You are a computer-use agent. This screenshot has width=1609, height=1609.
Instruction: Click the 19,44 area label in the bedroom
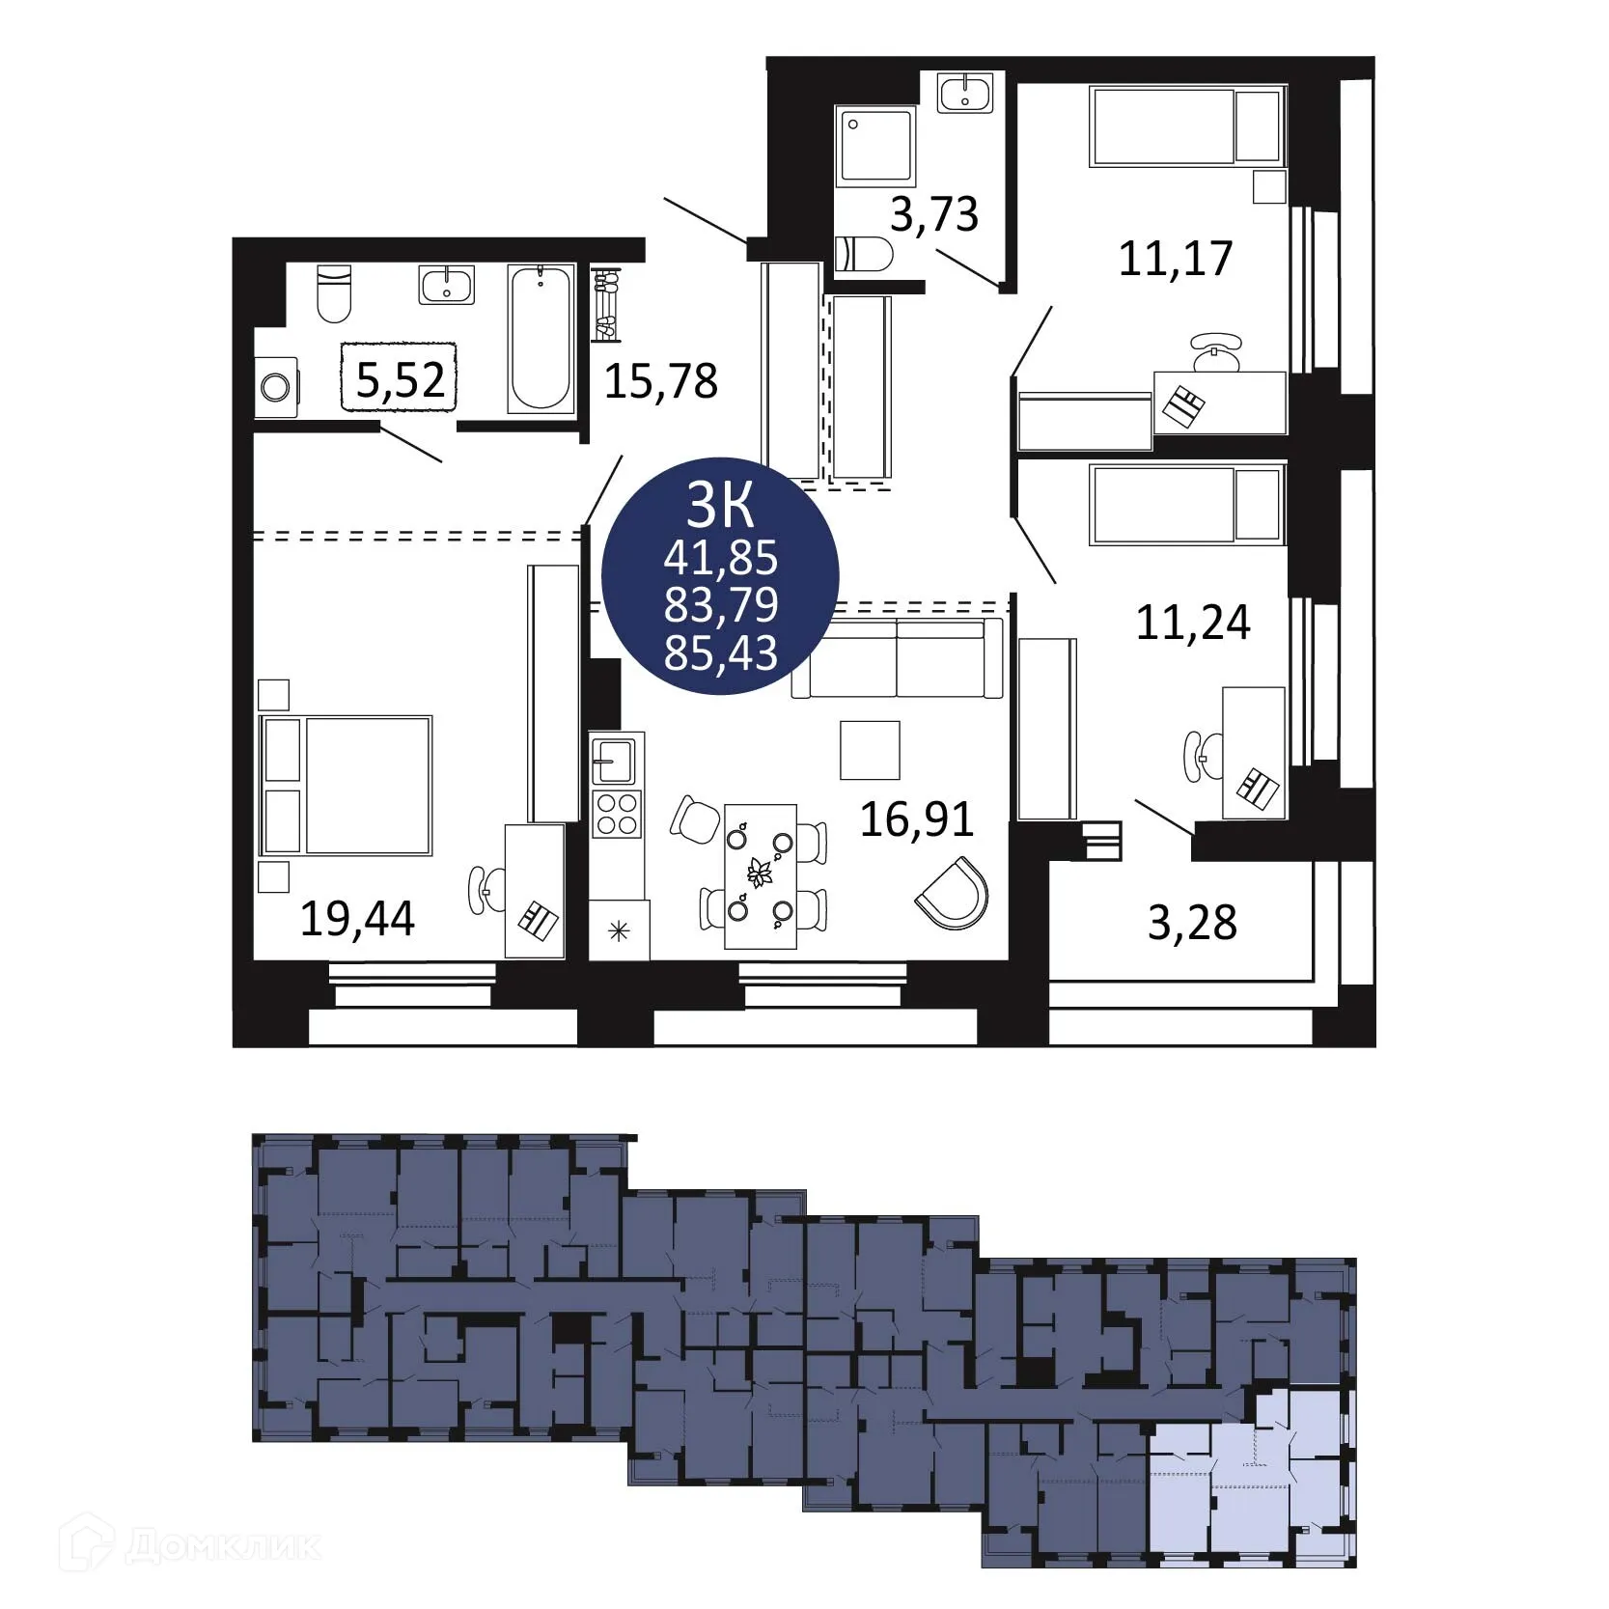357,918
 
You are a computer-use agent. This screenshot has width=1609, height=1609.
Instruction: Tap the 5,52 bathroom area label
400,379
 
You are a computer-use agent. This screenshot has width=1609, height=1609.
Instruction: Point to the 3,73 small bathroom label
933,213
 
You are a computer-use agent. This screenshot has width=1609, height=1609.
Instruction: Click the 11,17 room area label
1176,258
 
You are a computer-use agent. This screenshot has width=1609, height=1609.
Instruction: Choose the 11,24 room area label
1193,623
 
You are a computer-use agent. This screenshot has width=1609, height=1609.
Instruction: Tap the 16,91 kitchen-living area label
917,818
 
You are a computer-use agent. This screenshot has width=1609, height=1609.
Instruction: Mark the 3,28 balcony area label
1192,922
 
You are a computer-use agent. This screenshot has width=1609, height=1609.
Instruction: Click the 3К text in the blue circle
719,504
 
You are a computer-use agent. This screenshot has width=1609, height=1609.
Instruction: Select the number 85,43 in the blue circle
721,653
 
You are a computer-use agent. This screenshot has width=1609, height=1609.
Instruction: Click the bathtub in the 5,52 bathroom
541,338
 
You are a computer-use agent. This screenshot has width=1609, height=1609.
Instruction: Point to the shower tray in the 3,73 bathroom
876,146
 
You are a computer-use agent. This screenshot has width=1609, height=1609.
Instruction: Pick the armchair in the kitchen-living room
953,892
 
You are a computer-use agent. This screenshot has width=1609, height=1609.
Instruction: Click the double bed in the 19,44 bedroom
347,785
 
